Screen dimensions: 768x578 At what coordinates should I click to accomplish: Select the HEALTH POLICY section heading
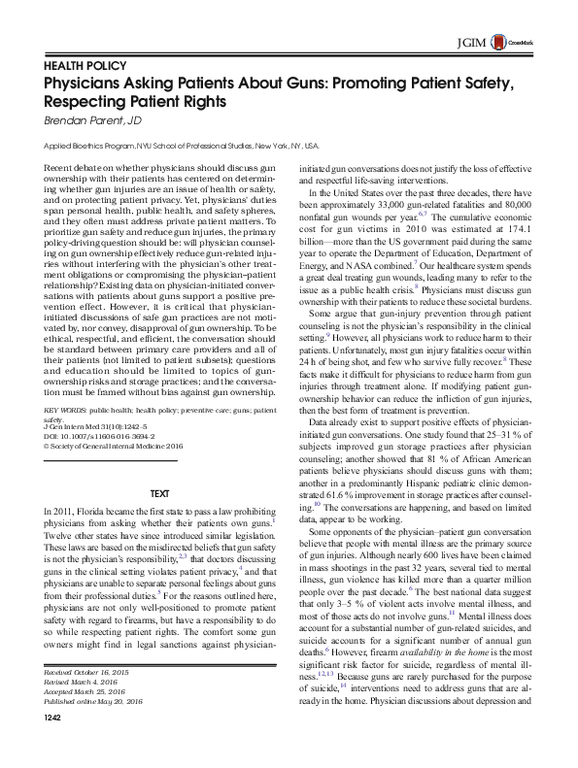tap(85, 66)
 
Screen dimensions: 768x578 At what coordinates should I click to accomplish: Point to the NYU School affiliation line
tap(181, 146)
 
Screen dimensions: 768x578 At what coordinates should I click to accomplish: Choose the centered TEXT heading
tap(160, 495)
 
